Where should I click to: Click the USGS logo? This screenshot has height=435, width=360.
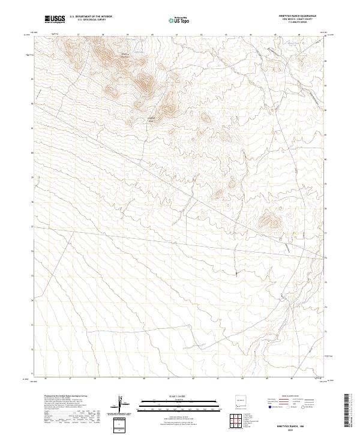pos(55,19)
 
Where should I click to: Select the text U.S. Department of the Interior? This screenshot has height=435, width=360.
pos(91,17)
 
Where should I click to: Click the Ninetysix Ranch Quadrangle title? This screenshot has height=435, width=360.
pos(301,16)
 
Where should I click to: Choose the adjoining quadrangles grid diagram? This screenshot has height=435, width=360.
pos(238,421)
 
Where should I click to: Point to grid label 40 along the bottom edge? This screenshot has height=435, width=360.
pos(145,379)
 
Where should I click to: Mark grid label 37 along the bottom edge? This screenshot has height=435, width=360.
pos(70,379)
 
